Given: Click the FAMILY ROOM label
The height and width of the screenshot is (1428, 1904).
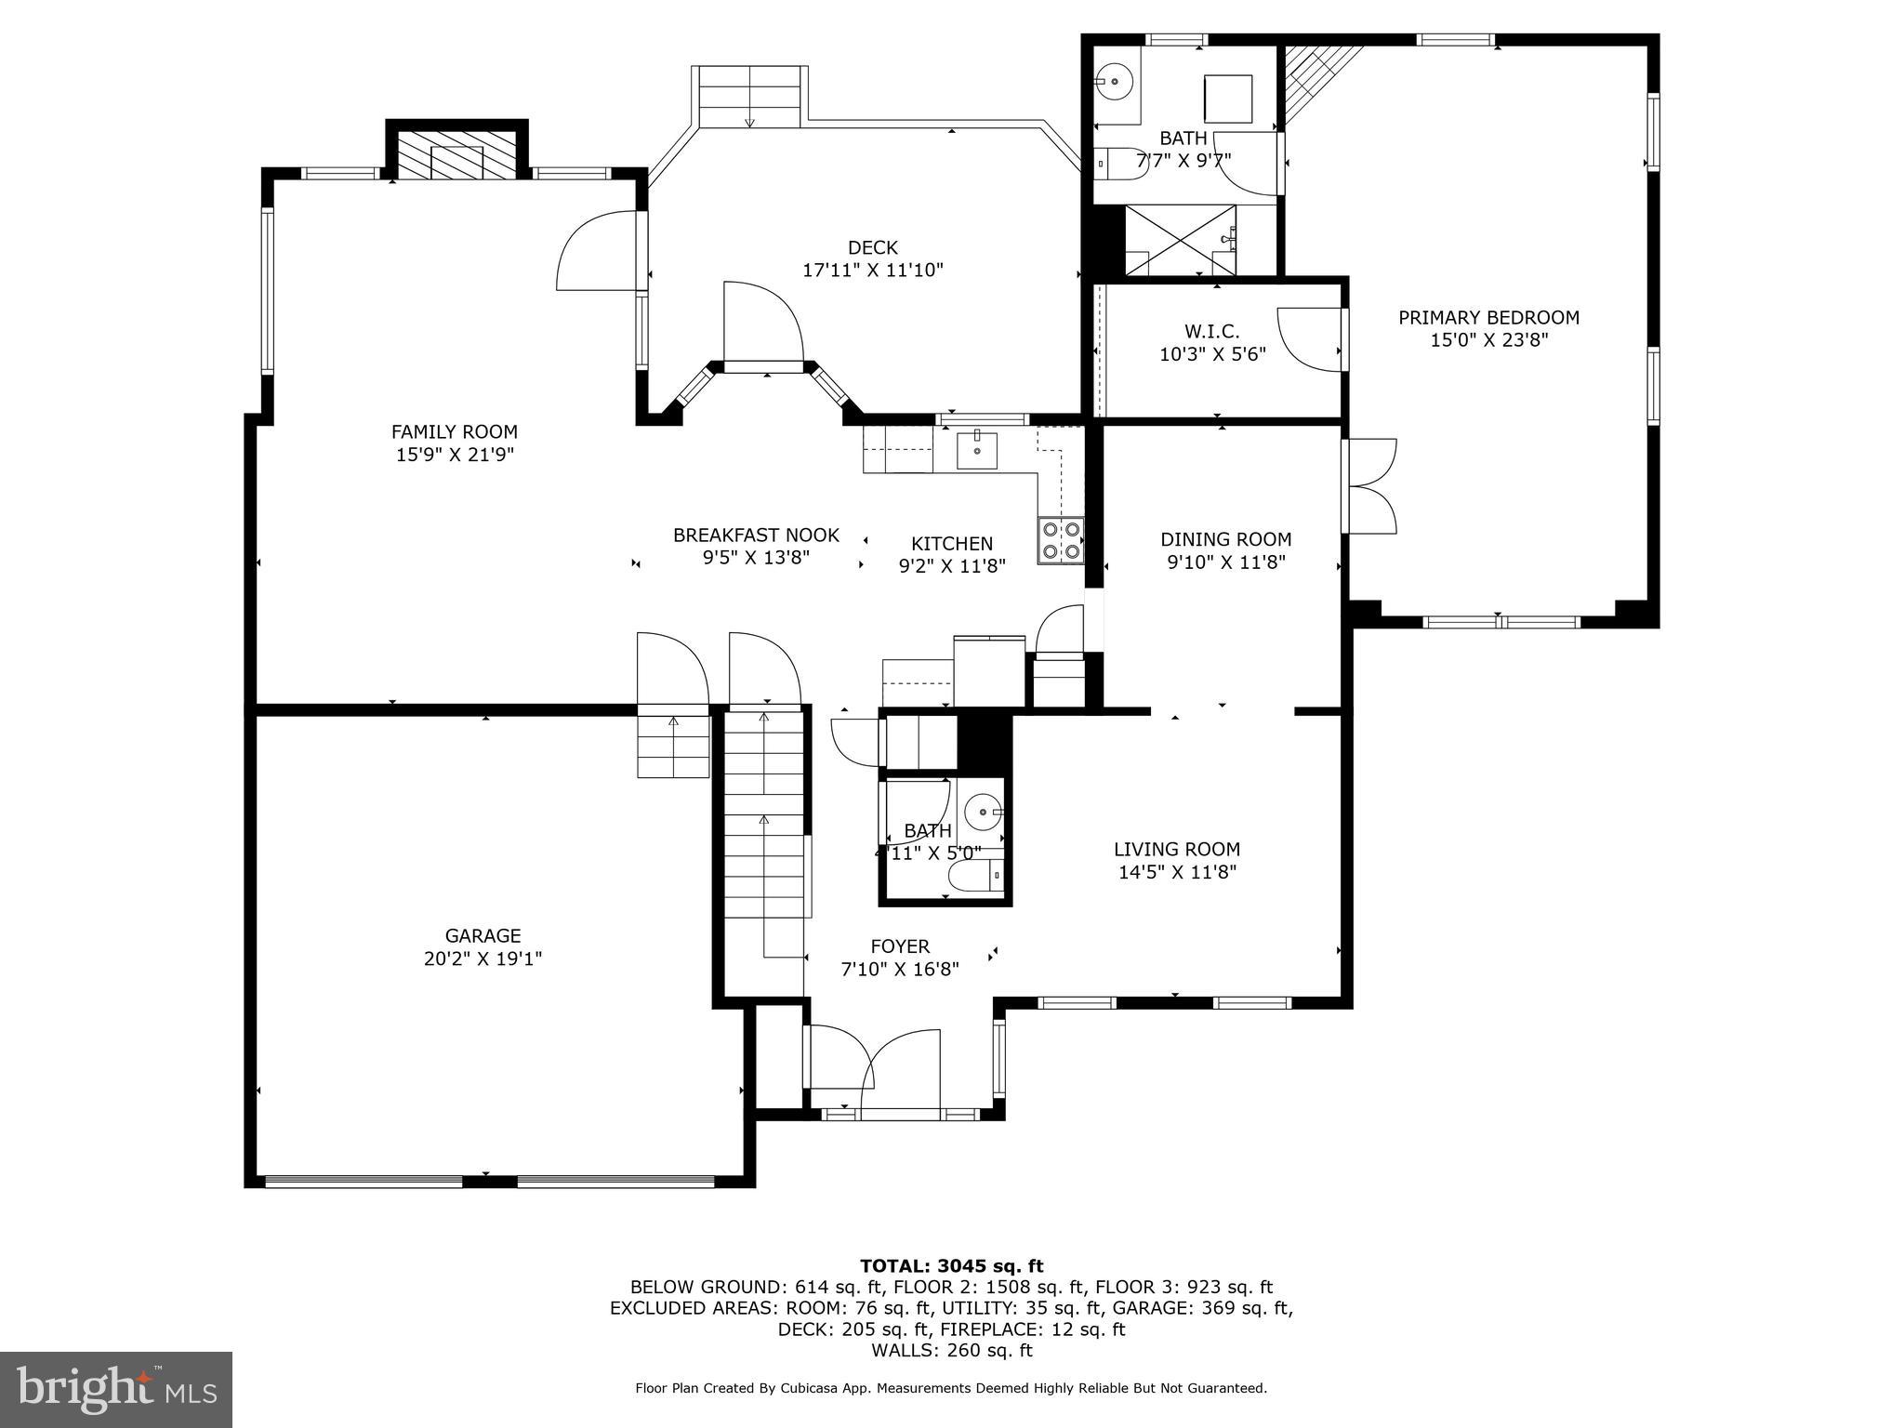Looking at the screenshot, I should click(454, 431).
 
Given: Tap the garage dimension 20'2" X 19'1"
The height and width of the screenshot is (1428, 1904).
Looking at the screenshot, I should click(483, 959).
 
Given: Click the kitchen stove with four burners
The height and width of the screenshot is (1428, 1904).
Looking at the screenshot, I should click(1061, 540).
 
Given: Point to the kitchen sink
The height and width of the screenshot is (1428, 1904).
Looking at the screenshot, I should click(977, 451).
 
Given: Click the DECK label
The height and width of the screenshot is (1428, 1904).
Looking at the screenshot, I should click(872, 247).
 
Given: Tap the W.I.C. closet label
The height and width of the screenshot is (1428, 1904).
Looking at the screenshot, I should click(1211, 331).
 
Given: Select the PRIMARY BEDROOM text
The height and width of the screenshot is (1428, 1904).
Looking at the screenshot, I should click(1488, 317).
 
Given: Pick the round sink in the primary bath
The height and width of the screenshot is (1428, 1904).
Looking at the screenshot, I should click(1113, 82).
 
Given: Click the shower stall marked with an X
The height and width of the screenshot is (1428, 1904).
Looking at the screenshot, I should click(1180, 241).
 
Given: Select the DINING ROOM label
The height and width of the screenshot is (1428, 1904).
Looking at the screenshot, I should click(1225, 539).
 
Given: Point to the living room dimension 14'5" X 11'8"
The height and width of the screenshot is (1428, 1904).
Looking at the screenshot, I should click(1177, 872).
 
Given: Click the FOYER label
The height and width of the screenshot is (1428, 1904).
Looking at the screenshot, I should click(899, 946).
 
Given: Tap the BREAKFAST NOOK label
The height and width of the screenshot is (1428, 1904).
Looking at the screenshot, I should click(756, 535).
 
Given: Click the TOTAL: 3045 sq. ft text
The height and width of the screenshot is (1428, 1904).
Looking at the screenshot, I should click(951, 1265).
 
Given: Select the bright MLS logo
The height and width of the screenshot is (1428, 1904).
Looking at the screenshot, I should click(116, 1389).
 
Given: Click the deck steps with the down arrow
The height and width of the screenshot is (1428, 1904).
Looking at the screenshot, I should click(749, 98).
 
